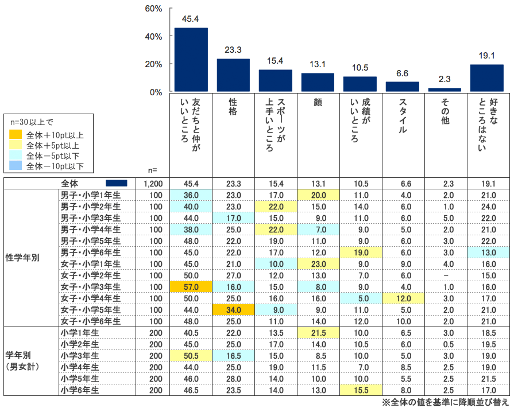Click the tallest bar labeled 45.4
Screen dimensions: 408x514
(x=191, y=60)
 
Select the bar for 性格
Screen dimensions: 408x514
(x=233, y=75)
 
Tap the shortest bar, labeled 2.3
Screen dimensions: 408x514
(x=445, y=90)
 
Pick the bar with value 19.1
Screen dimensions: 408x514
(x=487, y=78)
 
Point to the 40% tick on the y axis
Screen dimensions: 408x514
(x=154, y=37)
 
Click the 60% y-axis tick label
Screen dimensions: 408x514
(x=154, y=9)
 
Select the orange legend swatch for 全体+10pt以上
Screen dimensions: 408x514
(x=16, y=135)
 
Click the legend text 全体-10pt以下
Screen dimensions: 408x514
(x=55, y=166)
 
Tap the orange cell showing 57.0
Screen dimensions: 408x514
(x=191, y=287)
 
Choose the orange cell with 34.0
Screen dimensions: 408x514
(x=233, y=310)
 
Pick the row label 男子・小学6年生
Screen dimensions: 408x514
(x=91, y=252)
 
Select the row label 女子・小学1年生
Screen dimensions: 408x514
(x=91, y=264)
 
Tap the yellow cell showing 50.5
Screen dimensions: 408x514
(x=191, y=356)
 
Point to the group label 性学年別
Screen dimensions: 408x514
(x=22, y=258)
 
